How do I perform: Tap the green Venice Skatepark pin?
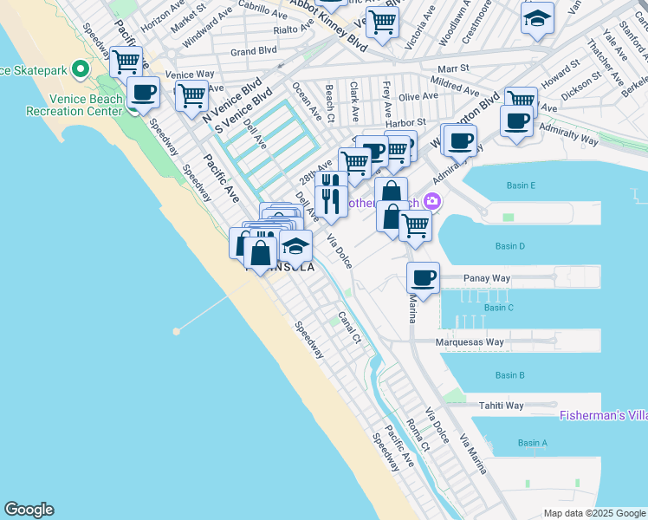[81, 68]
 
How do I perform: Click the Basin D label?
[509, 246]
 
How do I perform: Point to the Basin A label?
[533, 443]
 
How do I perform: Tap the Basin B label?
[509, 375]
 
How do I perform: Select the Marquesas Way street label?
[470, 342]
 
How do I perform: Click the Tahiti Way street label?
[502, 406]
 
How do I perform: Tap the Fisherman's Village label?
[603, 415]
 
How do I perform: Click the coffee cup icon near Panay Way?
[424, 278]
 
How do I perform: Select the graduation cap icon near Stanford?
[537, 18]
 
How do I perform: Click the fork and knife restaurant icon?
[331, 201]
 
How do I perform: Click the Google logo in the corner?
[29, 510]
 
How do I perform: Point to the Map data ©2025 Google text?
[594, 513]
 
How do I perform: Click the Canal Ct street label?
[349, 327]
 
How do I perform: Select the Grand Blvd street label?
[254, 51]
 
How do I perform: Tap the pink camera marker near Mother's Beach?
[432, 202]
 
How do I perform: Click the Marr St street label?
[453, 68]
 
